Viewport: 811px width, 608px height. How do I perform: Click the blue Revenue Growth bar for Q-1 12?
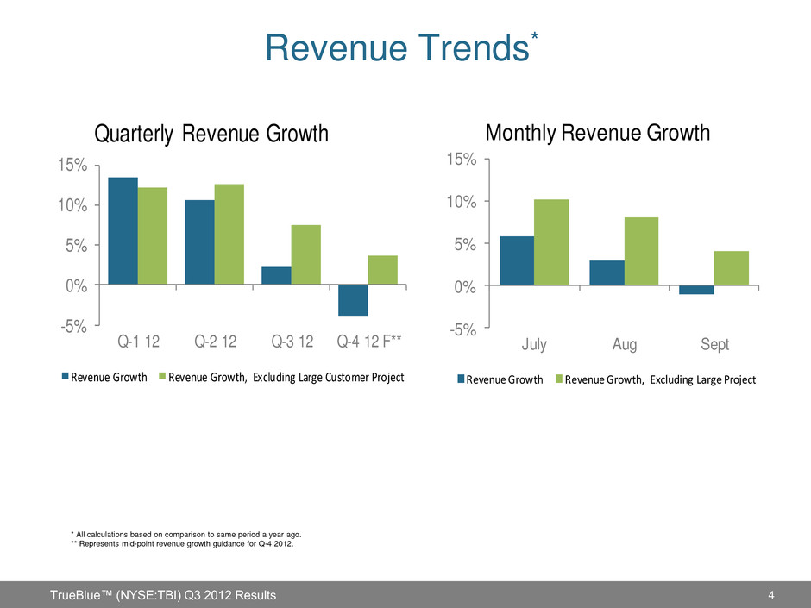point(123,230)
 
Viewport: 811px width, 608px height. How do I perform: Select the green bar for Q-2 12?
point(229,234)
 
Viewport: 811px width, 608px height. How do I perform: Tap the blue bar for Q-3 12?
point(276,275)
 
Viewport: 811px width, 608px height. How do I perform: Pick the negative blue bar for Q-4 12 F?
point(353,300)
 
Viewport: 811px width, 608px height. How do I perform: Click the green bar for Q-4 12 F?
point(382,270)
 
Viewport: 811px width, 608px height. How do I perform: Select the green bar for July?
point(551,242)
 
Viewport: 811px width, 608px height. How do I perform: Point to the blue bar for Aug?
point(607,273)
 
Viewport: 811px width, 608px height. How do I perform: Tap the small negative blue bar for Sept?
point(696,290)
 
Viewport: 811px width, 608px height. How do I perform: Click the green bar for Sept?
point(732,268)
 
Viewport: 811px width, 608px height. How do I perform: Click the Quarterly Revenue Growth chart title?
point(211,135)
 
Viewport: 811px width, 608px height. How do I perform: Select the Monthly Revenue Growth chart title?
point(598,133)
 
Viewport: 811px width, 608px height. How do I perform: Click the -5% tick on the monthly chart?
point(463,329)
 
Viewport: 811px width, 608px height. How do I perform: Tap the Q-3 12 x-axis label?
point(293,342)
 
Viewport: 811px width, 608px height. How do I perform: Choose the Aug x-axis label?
point(625,345)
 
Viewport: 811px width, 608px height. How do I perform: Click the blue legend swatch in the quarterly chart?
point(65,377)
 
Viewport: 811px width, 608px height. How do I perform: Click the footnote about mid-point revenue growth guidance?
point(182,543)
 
